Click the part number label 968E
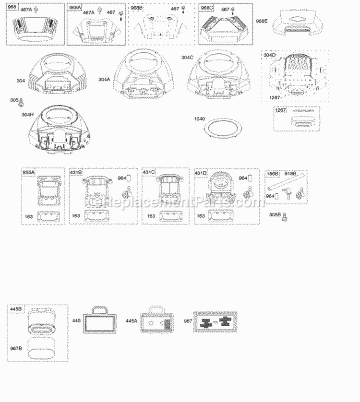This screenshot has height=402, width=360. pyautogui.click(x=262, y=21)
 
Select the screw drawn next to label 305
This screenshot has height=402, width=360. pyautogui.click(x=22, y=102)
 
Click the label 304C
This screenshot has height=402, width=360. pyautogui.click(x=188, y=57)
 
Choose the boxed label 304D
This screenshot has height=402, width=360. pyautogui.click(x=270, y=55)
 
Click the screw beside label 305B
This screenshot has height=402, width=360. pyautogui.click(x=285, y=216)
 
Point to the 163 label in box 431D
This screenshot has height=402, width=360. pyautogui.click(x=200, y=216)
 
